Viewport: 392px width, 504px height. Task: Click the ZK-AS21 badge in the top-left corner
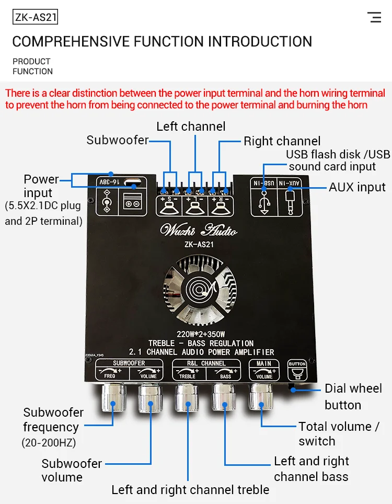click(x=35, y=18)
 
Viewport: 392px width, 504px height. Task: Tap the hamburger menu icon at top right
click(x=374, y=17)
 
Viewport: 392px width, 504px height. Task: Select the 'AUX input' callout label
click(x=357, y=187)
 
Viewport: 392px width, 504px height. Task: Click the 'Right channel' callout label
click(x=282, y=141)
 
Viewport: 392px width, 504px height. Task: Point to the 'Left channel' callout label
click(x=191, y=127)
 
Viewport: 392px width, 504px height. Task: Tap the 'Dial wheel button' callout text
click(x=353, y=396)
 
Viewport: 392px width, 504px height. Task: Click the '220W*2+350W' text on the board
click(x=201, y=334)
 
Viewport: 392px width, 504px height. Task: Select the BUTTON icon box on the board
click(x=297, y=370)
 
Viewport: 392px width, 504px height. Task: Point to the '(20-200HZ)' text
click(x=49, y=443)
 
